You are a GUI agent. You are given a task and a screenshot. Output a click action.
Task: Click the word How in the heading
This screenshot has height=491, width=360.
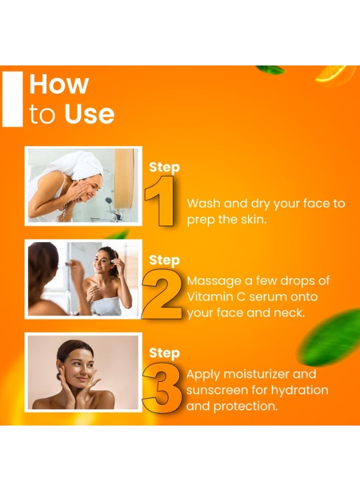(59, 84)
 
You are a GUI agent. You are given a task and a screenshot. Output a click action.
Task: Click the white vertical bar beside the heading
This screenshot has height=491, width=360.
(13, 99)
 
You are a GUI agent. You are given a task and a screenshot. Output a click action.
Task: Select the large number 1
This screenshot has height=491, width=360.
(160, 201)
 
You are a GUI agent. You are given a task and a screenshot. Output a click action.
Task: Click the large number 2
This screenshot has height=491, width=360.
(161, 294)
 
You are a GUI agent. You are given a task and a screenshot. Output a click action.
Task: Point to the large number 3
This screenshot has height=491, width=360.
(162, 388)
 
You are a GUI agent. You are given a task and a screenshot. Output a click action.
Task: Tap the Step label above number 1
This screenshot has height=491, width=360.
(164, 167)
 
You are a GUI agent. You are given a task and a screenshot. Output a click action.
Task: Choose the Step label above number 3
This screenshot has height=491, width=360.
(164, 353)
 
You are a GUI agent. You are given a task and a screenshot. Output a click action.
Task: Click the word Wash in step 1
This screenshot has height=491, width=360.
(203, 203)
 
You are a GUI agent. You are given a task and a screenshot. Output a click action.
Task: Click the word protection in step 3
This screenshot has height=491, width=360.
(245, 406)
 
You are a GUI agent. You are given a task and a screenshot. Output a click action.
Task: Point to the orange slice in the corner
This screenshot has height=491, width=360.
(334, 75)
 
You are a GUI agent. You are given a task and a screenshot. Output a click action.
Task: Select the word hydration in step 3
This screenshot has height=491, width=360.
(299, 391)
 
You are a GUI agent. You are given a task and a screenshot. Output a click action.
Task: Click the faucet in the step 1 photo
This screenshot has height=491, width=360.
(115, 215)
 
